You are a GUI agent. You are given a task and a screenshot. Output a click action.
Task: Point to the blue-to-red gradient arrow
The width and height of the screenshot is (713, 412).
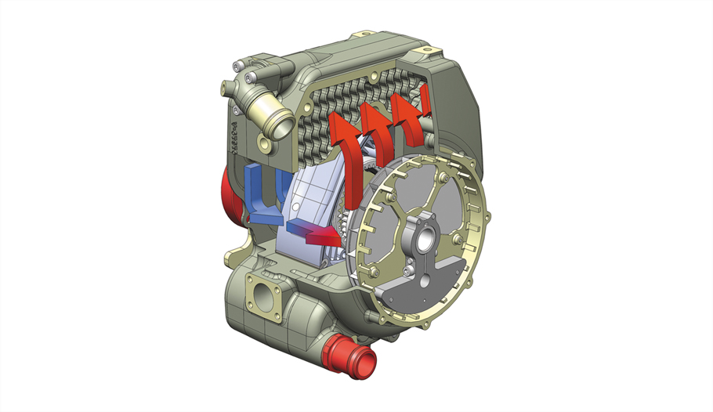click(x=313, y=229)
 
